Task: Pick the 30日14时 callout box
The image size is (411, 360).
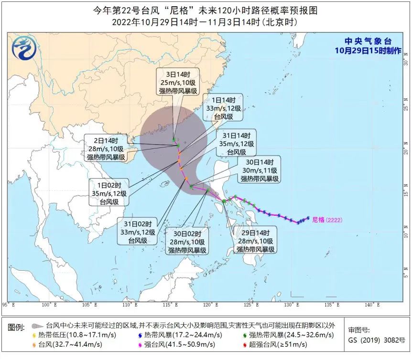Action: pos(259,170)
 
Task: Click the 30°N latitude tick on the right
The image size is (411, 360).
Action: pos(405,48)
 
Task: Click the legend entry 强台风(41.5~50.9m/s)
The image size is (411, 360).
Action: pos(177,344)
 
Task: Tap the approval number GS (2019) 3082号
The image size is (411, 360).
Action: pos(373,340)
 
